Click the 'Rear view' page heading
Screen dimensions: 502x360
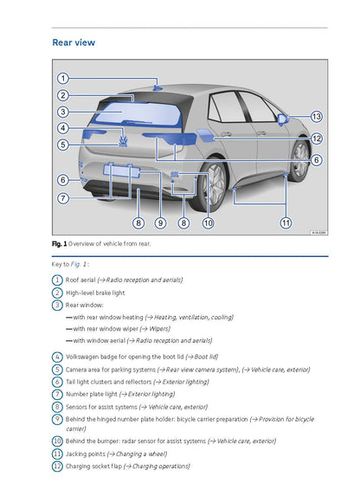(74, 42)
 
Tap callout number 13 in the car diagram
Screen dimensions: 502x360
(316, 116)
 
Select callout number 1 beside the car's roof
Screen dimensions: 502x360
(63, 79)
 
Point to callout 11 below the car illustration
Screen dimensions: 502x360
(286, 222)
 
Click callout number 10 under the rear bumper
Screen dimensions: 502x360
(208, 223)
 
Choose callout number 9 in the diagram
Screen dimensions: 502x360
(160, 223)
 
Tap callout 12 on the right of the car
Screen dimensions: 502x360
(316, 138)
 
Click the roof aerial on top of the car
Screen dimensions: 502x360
(157, 87)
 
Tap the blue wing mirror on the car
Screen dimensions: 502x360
(283, 117)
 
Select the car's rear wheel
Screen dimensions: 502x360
(215, 186)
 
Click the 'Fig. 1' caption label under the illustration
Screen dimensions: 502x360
(60, 245)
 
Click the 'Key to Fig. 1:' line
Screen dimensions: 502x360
(71, 264)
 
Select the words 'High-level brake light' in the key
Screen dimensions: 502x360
(95, 293)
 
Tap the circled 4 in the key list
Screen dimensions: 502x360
(57, 356)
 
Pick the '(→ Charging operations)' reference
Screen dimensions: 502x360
(157, 467)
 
